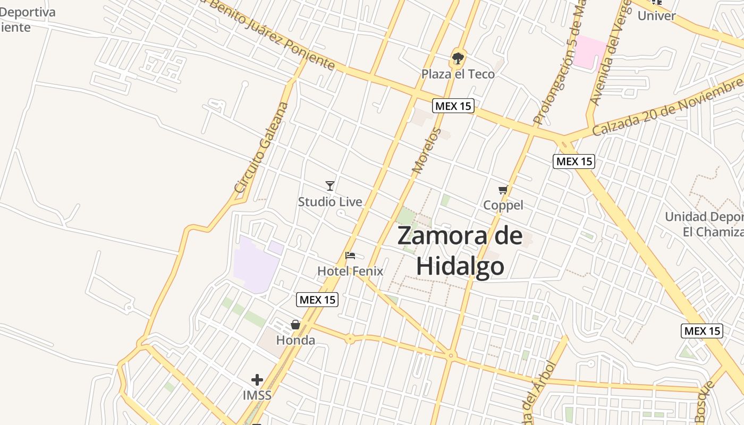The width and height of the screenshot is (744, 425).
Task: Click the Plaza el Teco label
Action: click(458, 74)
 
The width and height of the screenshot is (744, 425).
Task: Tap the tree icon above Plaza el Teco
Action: click(458, 58)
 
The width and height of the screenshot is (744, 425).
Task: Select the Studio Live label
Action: click(330, 202)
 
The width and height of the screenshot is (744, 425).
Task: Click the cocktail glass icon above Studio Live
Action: click(330, 185)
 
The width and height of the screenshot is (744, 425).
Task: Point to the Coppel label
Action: click(503, 205)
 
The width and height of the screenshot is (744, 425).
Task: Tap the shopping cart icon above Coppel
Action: click(503, 190)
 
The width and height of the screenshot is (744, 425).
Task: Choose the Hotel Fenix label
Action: click(350, 271)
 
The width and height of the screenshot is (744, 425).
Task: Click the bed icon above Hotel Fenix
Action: click(350, 256)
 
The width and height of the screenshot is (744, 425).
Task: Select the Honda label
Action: click(295, 340)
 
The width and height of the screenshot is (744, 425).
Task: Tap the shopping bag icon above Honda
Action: click(295, 325)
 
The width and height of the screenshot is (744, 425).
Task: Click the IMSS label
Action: click(257, 395)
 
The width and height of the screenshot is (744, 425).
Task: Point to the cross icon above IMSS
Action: click(257, 380)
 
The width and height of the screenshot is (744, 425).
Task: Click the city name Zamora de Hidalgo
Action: click(460, 251)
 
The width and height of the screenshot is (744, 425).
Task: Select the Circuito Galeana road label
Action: click(261, 147)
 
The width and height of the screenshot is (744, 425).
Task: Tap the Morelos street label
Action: click(427, 151)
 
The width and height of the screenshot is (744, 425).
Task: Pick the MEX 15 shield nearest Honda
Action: click(317, 300)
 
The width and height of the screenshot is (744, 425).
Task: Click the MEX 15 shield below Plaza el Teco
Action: click(453, 106)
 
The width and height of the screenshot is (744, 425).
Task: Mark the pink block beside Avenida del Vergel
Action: click(590, 52)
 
